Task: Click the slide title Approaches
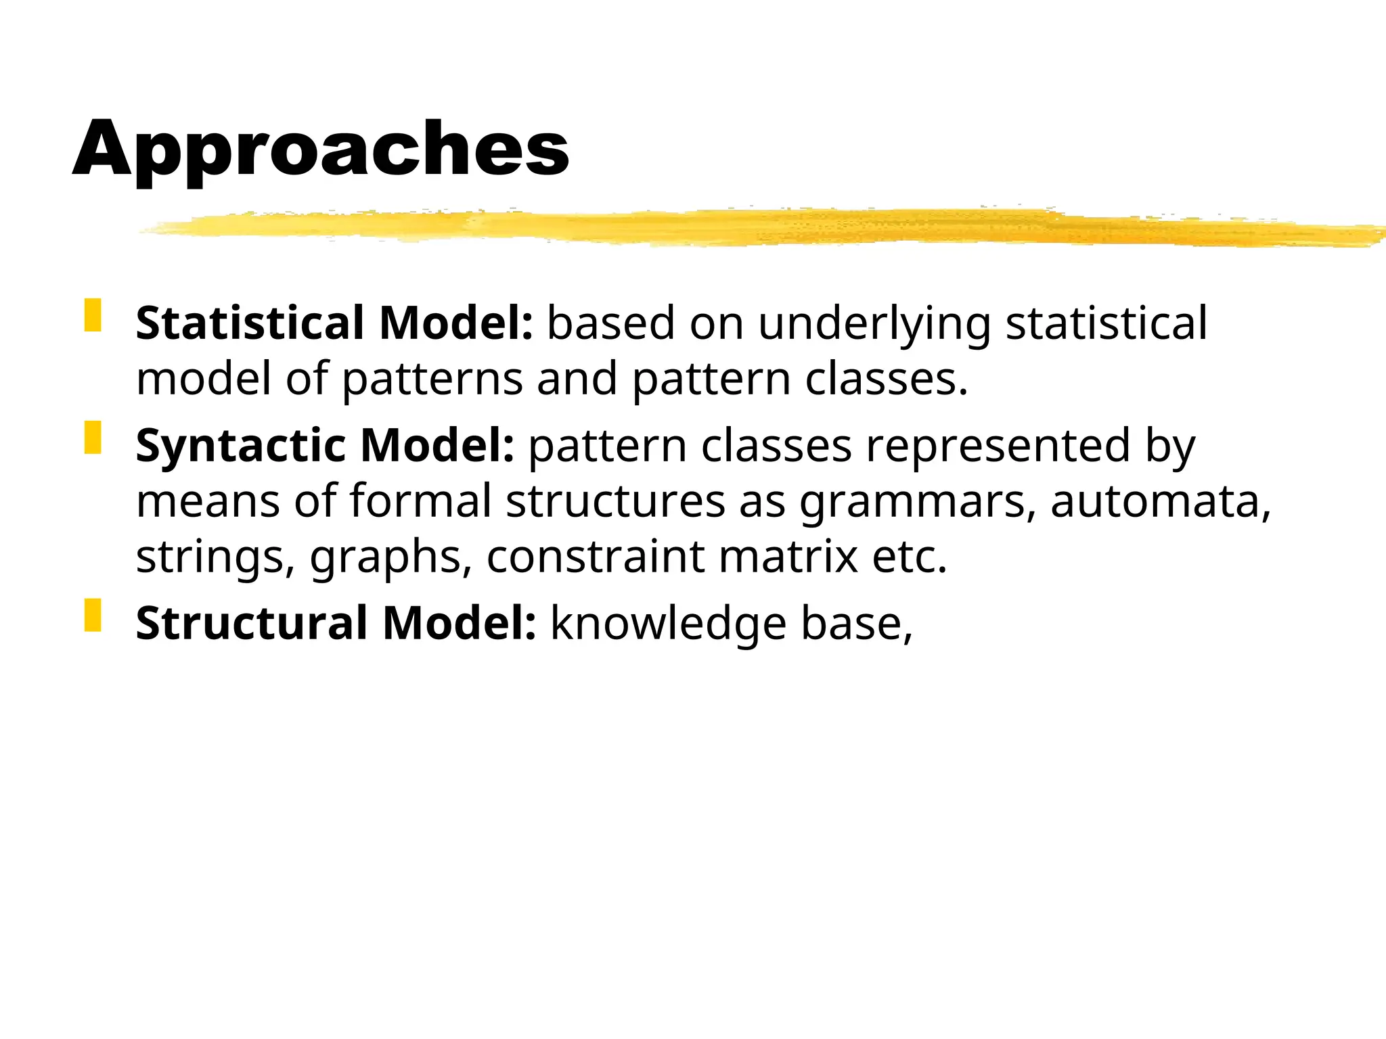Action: [x=320, y=150]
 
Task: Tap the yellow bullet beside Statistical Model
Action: [x=93, y=315]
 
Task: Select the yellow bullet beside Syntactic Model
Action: [x=93, y=438]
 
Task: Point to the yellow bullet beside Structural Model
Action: [x=93, y=615]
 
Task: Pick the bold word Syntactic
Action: [x=240, y=446]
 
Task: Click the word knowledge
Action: [x=668, y=623]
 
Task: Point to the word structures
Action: [x=615, y=501]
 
